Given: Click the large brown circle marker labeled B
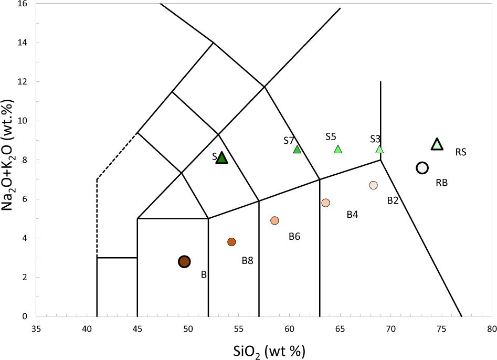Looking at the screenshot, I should [x=184, y=261].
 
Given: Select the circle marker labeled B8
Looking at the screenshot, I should [x=231, y=242].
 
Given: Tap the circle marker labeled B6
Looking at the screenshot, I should [x=274, y=220].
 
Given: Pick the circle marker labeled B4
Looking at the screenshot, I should [x=325, y=203].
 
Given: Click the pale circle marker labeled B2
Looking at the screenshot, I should [x=373, y=185].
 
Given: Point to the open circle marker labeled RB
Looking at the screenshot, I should [x=422, y=168].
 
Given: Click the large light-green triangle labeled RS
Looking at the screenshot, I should [x=437, y=144].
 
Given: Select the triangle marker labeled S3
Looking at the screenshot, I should [x=380, y=150].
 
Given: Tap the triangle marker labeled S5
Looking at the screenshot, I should [x=338, y=150].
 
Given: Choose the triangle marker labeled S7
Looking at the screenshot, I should [x=297, y=150].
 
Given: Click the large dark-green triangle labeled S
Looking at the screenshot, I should [x=222, y=158].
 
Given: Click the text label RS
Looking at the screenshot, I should [x=461, y=153].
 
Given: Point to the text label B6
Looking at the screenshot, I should [x=294, y=237].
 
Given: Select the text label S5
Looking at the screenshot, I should [x=331, y=137].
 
